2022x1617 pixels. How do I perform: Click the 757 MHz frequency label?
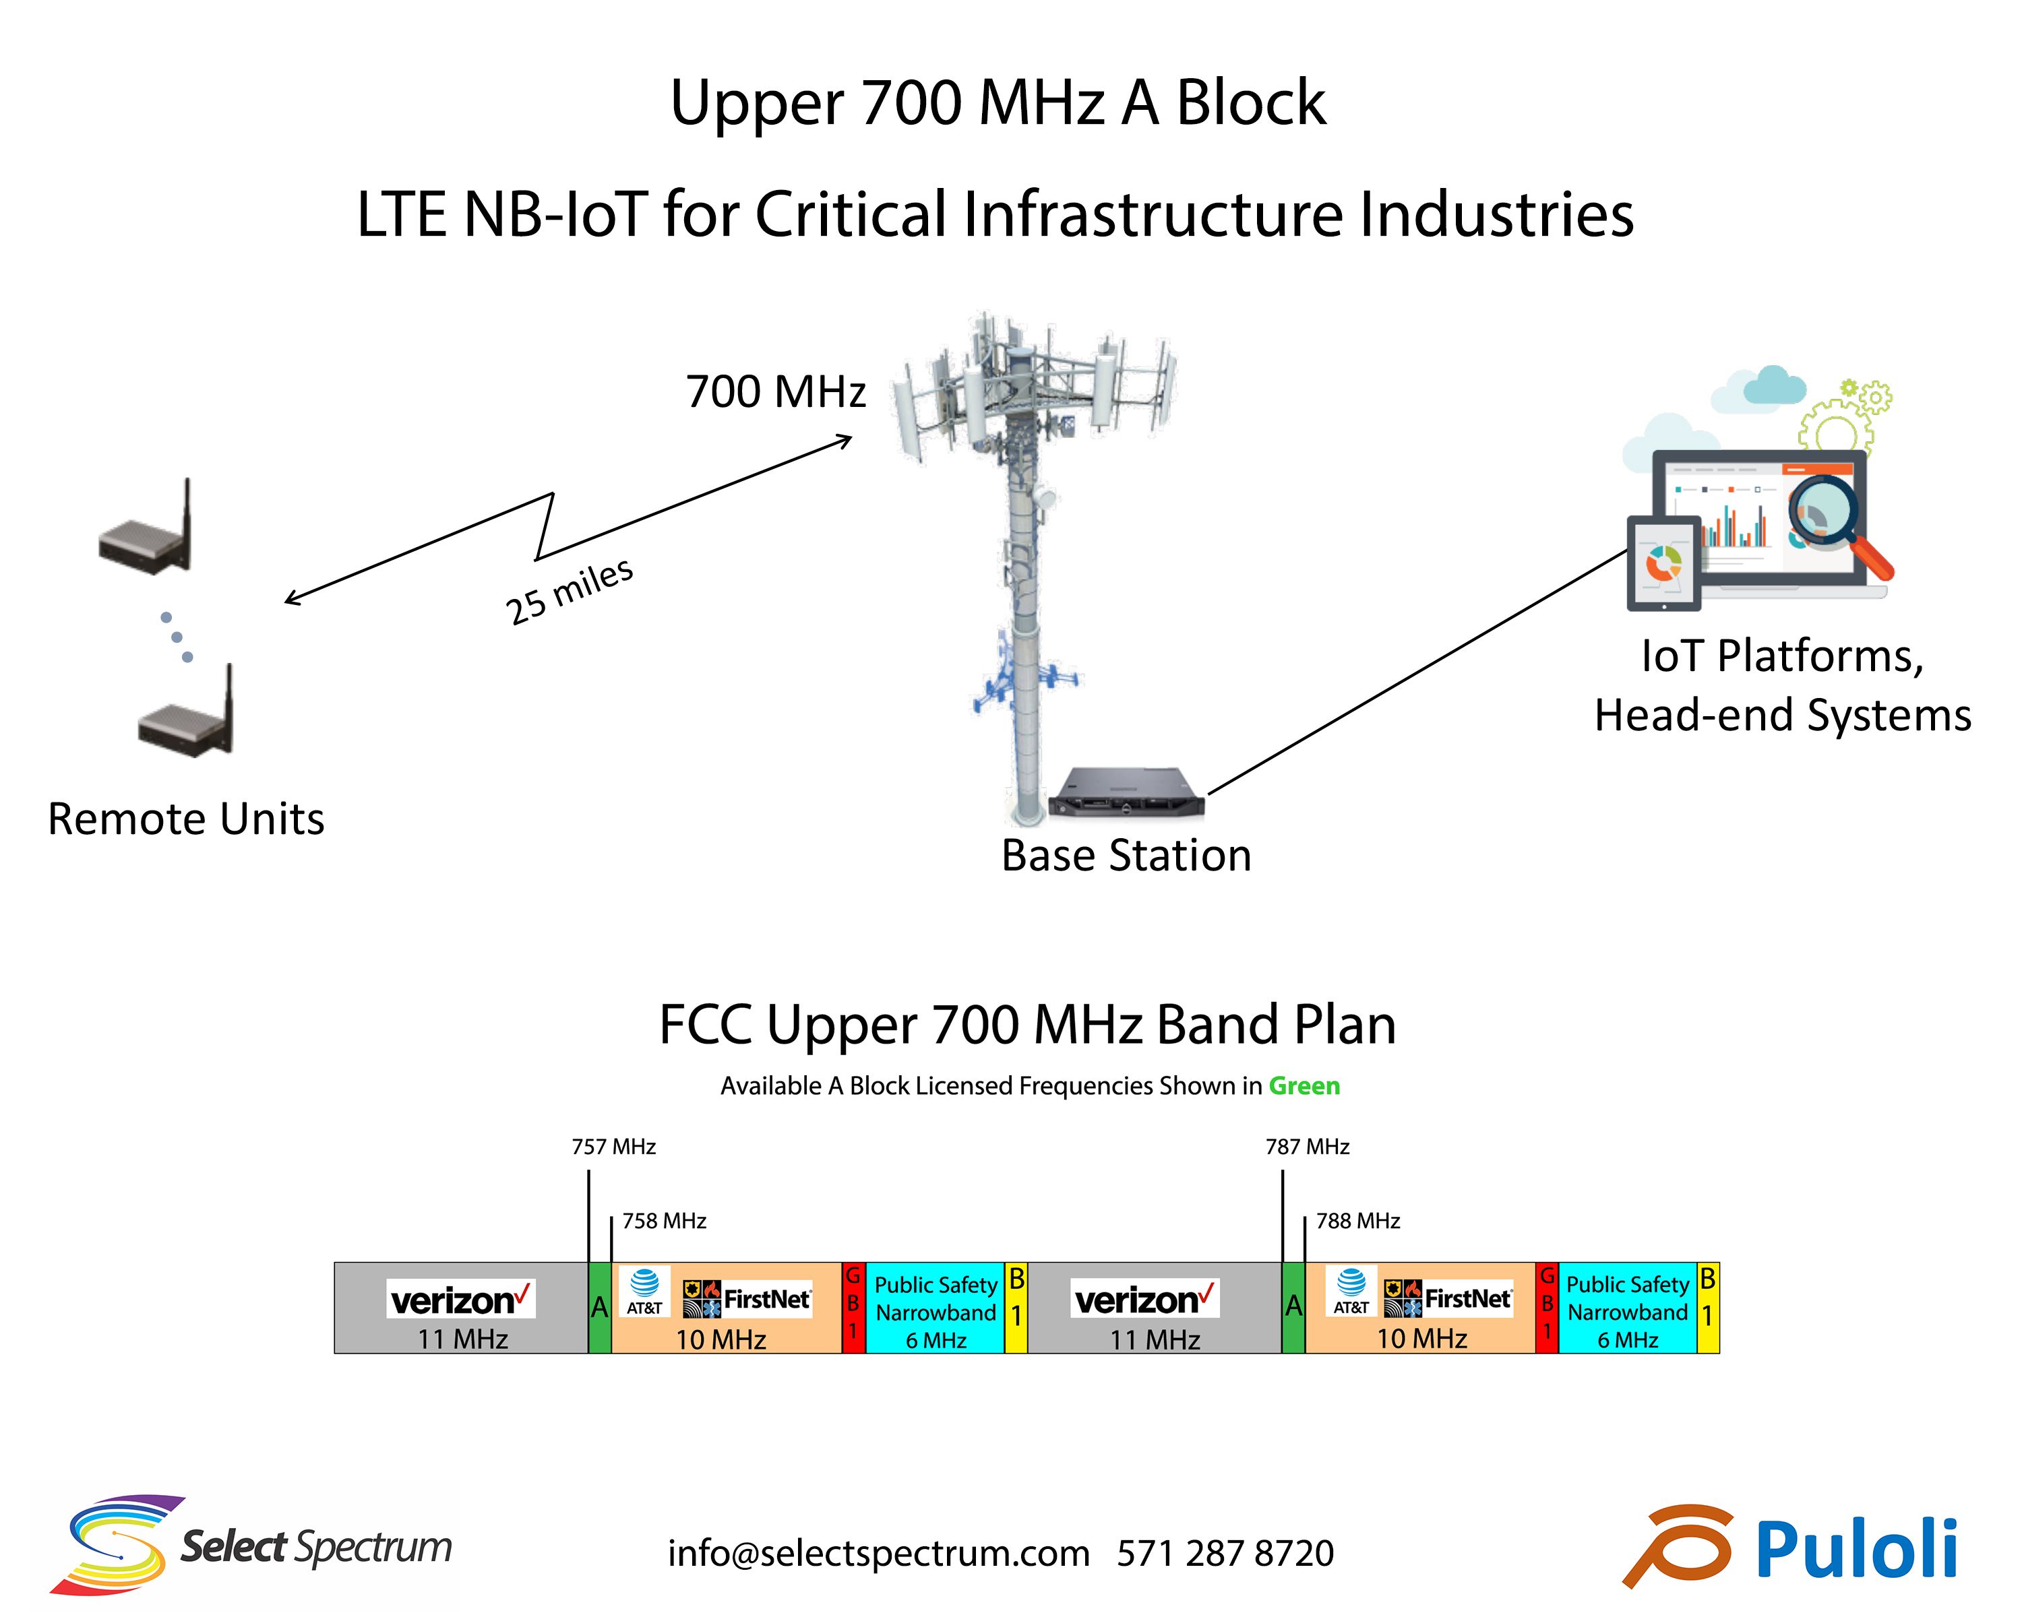[613, 1147]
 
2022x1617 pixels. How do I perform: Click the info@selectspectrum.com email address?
[878, 1553]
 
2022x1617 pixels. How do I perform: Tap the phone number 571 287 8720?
[1225, 1553]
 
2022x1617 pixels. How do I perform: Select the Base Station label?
[1126, 855]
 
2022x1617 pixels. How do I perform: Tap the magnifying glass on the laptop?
[1833, 520]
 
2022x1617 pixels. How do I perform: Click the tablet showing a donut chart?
[1663, 563]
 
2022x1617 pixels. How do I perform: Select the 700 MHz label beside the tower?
[776, 392]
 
